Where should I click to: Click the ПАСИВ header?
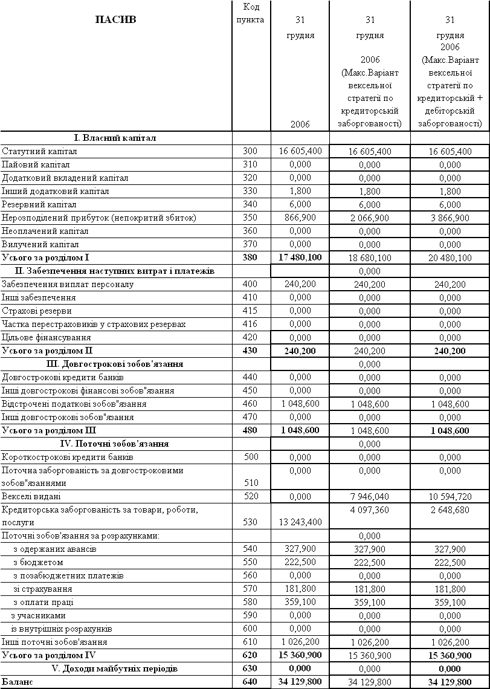[116, 19]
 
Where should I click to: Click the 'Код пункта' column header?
[251, 13]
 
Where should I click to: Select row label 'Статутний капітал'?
[39, 151]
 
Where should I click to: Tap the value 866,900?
[300, 217]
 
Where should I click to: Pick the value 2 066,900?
[370, 218]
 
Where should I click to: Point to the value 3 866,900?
[450, 218]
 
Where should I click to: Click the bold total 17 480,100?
[300, 257]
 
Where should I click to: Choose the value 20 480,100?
[450, 258]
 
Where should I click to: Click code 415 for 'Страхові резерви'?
[250, 311]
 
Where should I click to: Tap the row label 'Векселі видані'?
[31, 496]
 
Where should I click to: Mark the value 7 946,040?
[370, 497]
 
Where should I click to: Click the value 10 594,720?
[450, 497]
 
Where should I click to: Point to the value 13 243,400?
[300, 522]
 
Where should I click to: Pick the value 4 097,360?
[370, 510]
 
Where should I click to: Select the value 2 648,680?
[450, 510]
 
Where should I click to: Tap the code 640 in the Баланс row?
[250, 682]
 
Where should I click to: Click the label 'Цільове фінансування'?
[47, 337]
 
